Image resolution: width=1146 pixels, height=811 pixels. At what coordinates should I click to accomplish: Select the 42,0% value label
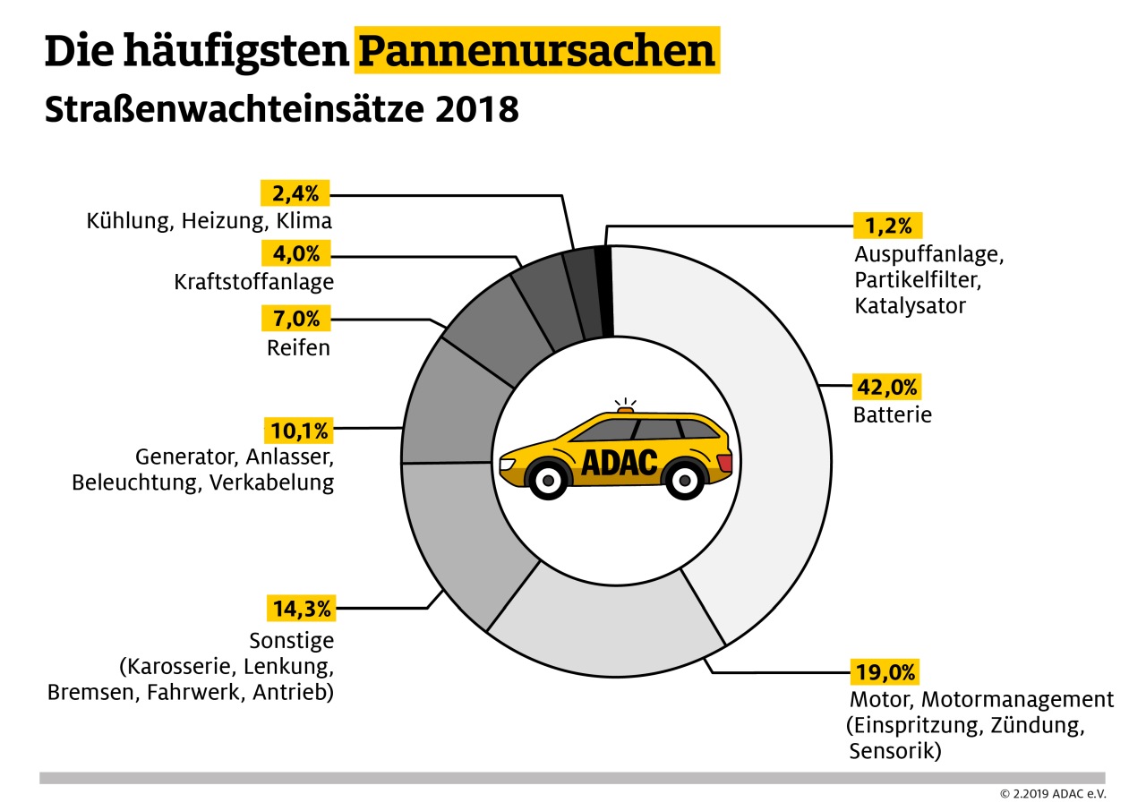coord(886,388)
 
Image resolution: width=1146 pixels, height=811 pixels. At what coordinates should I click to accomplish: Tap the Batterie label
coord(893,415)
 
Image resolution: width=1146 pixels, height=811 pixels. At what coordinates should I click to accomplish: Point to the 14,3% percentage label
coord(299,610)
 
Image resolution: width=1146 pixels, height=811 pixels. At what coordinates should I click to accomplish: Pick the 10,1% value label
coord(296,430)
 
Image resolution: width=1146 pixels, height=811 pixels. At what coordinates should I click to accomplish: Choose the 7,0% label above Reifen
coord(296,318)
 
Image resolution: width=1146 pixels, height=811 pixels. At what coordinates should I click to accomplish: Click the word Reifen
coord(298,347)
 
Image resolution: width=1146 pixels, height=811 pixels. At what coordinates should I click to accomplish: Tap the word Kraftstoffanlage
coord(254,282)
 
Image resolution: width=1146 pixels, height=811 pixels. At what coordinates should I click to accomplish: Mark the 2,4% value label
coord(296,192)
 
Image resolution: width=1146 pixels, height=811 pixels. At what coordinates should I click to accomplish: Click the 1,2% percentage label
coord(888,224)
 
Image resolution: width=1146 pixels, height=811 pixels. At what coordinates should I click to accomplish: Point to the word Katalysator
coord(911,306)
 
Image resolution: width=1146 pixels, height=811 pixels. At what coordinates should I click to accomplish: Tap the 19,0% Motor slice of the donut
coord(609,627)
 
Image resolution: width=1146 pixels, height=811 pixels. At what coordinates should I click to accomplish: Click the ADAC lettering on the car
coord(619,462)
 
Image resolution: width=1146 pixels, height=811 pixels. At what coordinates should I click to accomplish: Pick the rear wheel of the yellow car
coord(686,482)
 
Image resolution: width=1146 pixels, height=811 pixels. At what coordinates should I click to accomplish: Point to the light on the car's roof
coord(625,410)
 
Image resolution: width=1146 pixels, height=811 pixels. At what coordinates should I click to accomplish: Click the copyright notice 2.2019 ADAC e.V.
coord(1053,794)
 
